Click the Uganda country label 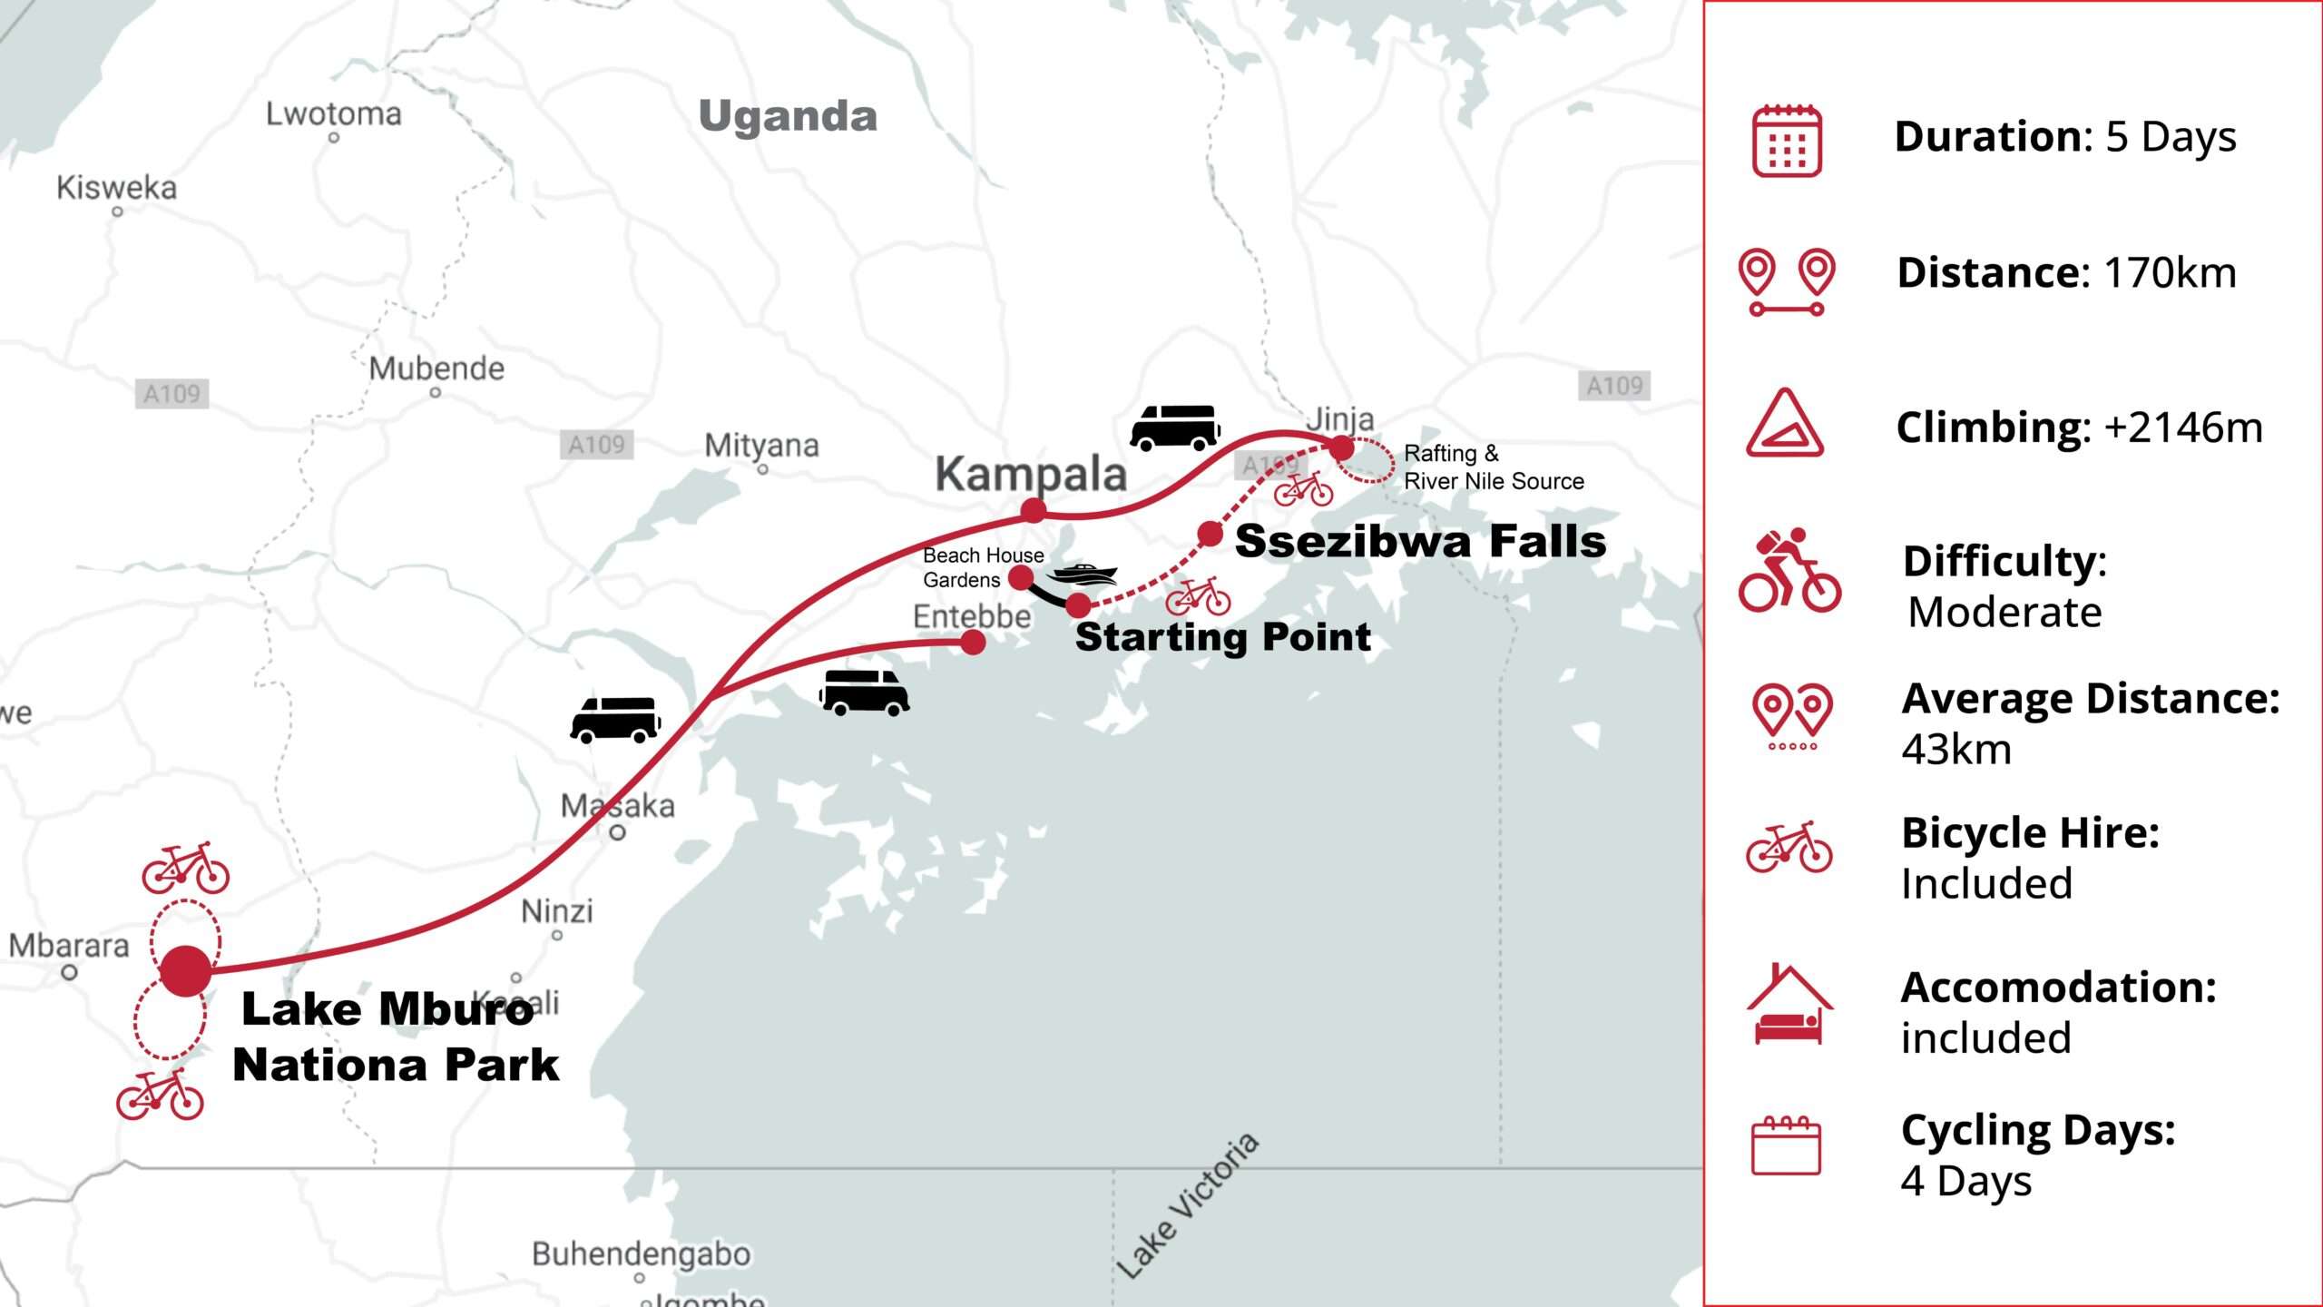(x=788, y=116)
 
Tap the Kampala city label (x=1031, y=474)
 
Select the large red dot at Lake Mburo (x=186, y=971)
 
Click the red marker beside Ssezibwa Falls (x=1210, y=534)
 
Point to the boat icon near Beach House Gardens (x=1082, y=574)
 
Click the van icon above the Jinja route (x=1174, y=427)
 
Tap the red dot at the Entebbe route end (x=973, y=643)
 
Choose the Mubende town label (x=436, y=369)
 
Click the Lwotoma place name (x=333, y=114)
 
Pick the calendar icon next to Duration (x=1786, y=141)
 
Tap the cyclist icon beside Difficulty (x=1789, y=570)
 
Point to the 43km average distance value (x=1956, y=750)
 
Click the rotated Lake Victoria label (x=1187, y=1204)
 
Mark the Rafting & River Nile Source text (x=1493, y=467)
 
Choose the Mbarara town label (x=69, y=946)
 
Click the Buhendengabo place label (x=641, y=1253)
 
